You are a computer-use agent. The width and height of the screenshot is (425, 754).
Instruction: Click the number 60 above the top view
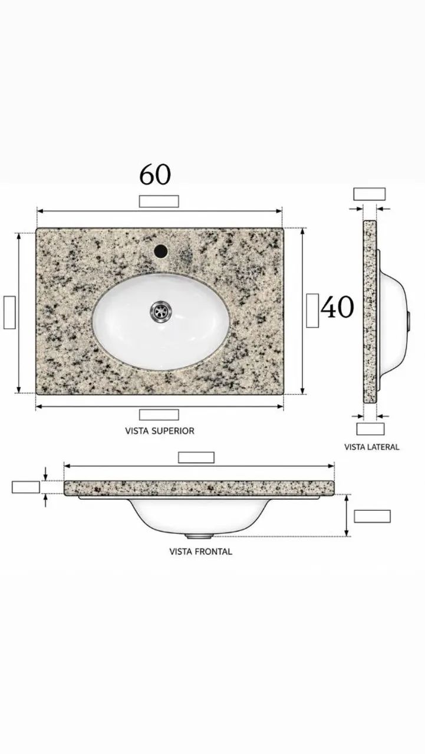[155, 175]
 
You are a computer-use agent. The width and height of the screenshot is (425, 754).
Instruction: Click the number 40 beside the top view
[337, 307]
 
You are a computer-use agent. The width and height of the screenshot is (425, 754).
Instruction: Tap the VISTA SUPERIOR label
[160, 431]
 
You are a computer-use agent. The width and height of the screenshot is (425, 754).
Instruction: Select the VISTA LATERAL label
[371, 447]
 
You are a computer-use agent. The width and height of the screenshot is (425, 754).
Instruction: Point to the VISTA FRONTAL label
[201, 552]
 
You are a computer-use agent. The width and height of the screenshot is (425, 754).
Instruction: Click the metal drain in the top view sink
[162, 311]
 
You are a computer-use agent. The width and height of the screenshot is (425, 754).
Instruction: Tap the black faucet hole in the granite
[161, 251]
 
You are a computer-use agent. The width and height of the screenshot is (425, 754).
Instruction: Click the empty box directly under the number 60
[159, 201]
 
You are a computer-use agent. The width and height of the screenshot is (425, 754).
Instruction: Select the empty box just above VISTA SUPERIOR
[159, 415]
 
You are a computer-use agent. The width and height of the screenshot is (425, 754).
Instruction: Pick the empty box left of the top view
[9, 312]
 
